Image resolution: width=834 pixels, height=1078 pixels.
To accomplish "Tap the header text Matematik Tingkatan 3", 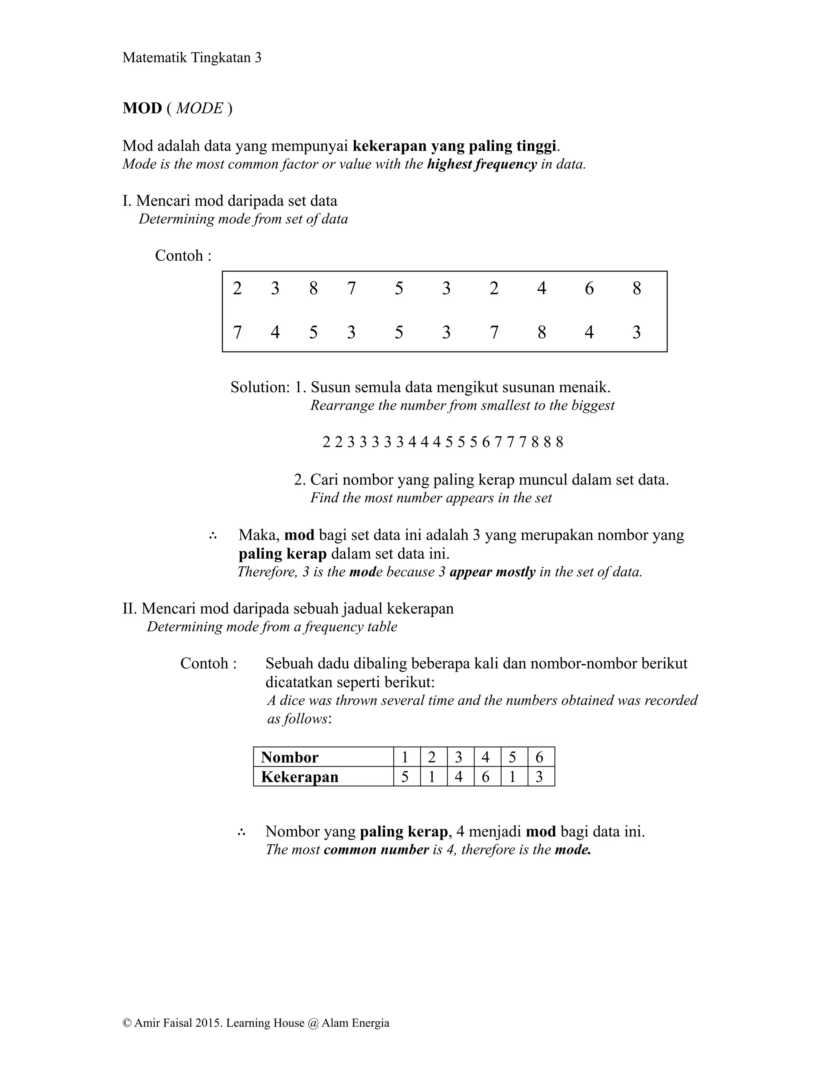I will click(191, 58).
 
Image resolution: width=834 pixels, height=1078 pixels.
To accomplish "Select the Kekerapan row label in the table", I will click(300, 777).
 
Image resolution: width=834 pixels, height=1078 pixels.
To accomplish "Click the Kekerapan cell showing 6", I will click(485, 777).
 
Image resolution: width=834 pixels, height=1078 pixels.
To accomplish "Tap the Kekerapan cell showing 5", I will click(405, 777).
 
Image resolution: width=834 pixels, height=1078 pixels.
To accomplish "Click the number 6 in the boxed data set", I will click(589, 288).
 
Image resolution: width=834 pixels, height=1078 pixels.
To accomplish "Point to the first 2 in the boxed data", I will click(237, 288).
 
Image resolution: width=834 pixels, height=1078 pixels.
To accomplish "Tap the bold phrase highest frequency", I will click(482, 164).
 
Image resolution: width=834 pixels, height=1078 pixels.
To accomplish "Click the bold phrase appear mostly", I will click(492, 572).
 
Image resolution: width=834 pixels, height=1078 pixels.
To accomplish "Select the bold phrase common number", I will click(376, 849).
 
